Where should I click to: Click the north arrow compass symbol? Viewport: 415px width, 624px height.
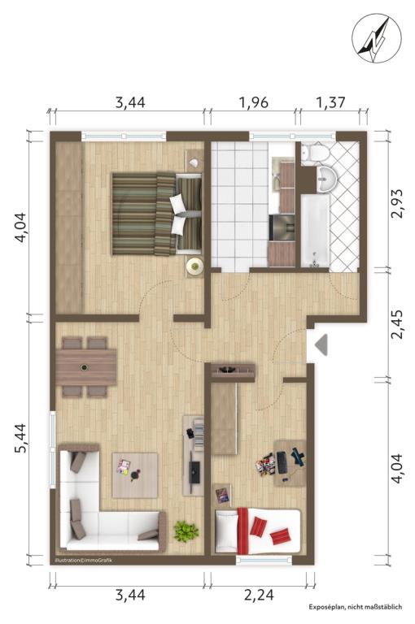[x=376, y=38]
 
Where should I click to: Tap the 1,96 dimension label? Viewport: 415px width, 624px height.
[x=253, y=102]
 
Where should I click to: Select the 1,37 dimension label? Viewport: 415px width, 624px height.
[x=330, y=102]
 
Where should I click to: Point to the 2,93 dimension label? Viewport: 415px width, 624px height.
[x=397, y=203]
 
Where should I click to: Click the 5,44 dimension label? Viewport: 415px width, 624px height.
[x=21, y=437]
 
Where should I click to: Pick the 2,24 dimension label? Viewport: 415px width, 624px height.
[x=259, y=596]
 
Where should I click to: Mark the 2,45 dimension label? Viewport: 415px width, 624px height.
[x=397, y=324]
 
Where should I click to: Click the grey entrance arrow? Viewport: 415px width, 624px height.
[x=321, y=344]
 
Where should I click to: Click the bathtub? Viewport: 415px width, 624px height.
[x=315, y=231]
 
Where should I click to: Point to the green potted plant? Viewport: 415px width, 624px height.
[x=186, y=531]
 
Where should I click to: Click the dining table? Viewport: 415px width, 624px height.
[x=86, y=367]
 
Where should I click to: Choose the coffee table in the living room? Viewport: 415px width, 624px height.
[x=135, y=475]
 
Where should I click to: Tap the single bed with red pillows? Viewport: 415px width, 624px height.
[x=257, y=531]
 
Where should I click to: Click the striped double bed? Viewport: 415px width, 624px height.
[x=157, y=214]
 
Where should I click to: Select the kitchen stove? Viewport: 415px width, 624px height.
[x=282, y=227]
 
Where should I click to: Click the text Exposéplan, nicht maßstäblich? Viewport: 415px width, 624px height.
[x=355, y=607]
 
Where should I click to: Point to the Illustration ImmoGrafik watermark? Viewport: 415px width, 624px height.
[x=83, y=561]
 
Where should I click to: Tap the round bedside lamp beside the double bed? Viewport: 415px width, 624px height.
[x=195, y=266]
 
